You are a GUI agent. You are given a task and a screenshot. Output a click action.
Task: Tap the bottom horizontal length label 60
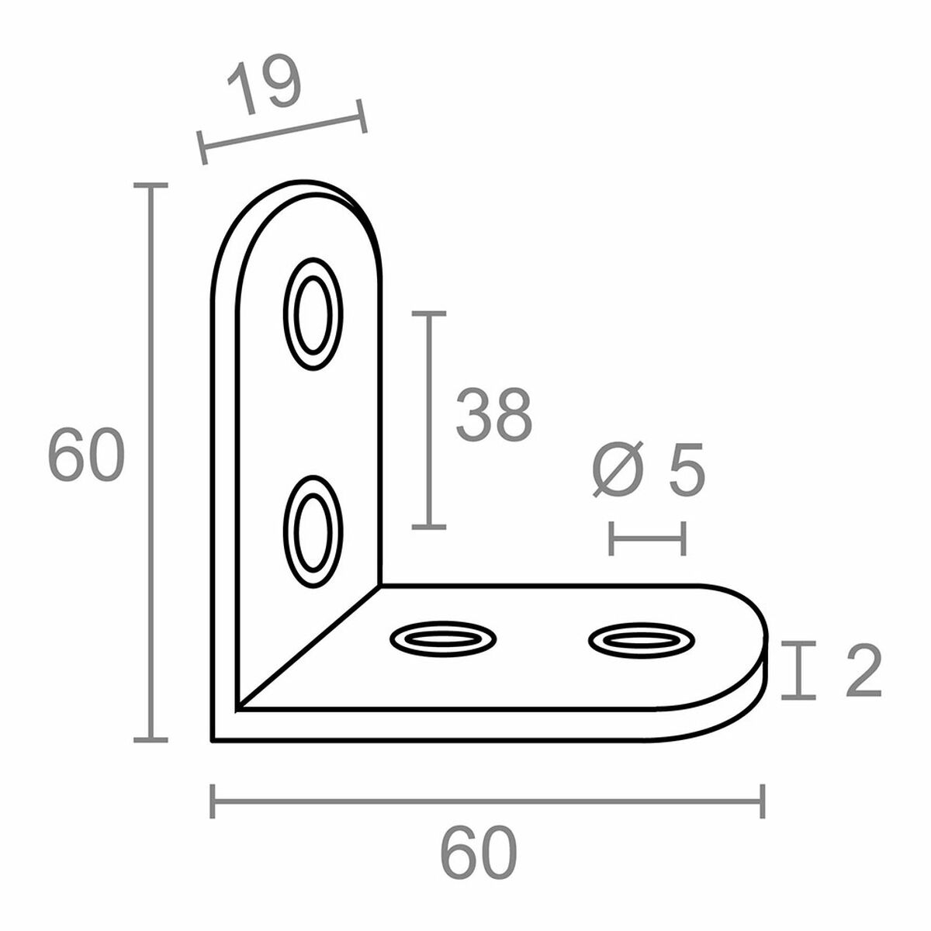pos(478,853)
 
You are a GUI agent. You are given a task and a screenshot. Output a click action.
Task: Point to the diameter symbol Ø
pos(618,470)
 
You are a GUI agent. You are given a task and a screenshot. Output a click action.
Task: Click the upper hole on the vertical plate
pos(313,314)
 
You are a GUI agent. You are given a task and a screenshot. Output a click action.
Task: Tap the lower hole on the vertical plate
pos(313,531)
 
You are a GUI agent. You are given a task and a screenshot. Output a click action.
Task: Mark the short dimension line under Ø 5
pos(647,538)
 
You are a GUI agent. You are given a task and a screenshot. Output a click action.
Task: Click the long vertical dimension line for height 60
pos(151,463)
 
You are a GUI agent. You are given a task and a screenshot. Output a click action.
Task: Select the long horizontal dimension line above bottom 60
pos(487,801)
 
